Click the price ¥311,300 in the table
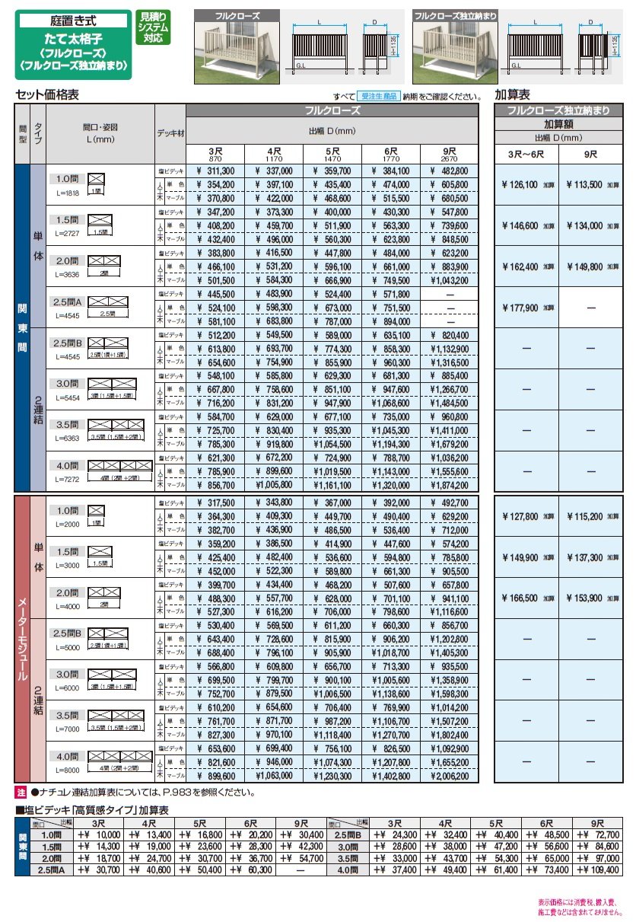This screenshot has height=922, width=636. tap(215, 171)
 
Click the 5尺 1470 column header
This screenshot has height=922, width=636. tap(332, 153)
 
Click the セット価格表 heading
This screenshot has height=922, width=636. tap(47, 95)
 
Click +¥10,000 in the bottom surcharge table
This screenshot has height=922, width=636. tap(97, 834)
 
